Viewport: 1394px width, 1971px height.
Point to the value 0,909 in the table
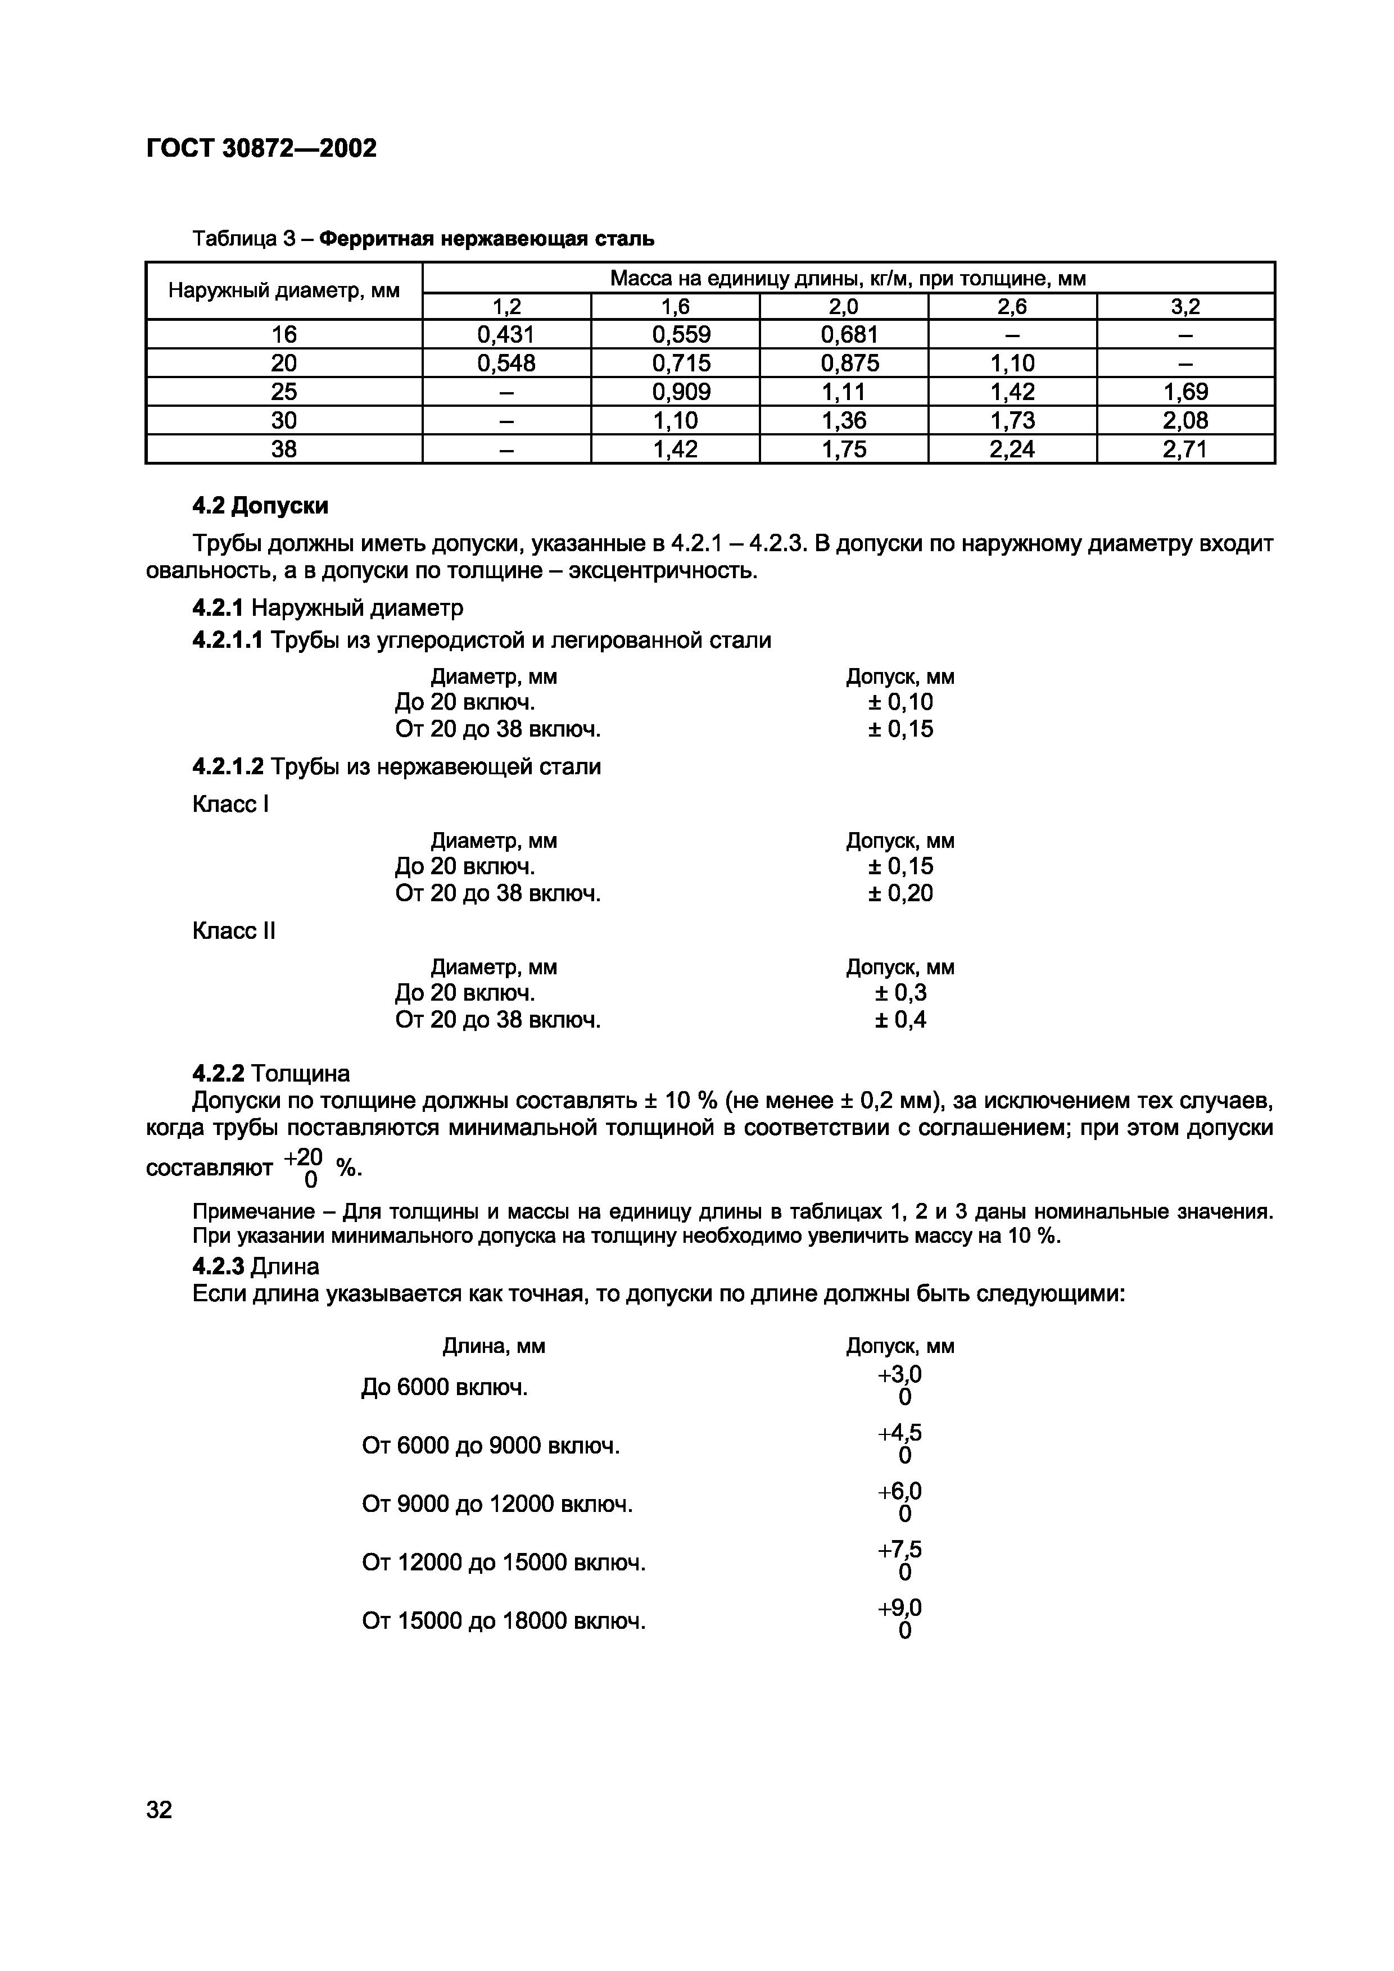(x=675, y=392)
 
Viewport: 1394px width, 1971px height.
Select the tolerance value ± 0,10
(x=899, y=702)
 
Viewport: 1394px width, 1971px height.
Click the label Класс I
(x=230, y=805)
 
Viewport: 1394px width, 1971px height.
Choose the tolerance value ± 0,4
(x=899, y=1020)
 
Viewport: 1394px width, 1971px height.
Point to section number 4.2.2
(x=218, y=1073)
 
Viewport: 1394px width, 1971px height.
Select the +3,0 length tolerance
(x=899, y=1375)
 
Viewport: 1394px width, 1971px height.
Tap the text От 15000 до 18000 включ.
(x=503, y=1621)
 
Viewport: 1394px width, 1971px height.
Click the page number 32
(x=160, y=1810)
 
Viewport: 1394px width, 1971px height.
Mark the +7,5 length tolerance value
(x=899, y=1550)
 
